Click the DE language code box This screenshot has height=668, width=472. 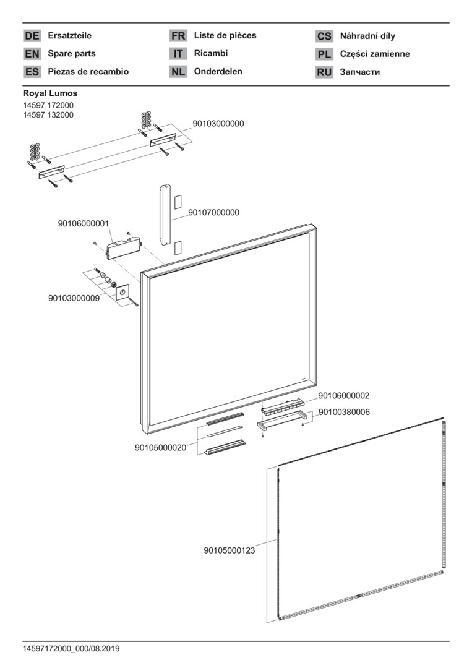(x=32, y=36)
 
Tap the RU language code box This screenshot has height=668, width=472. (x=324, y=72)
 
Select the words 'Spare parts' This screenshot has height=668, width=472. (x=72, y=54)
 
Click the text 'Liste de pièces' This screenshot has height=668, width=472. (x=225, y=35)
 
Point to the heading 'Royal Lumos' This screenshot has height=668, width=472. (x=50, y=93)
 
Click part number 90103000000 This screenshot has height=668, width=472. (x=218, y=124)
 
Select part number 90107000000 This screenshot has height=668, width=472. (x=213, y=213)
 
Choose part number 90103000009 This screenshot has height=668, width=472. (x=74, y=298)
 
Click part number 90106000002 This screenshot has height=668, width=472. (x=344, y=395)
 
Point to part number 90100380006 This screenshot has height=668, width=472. (x=344, y=412)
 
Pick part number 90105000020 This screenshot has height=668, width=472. (x=160, y=448)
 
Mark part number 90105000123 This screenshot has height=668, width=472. (x=230, y=549)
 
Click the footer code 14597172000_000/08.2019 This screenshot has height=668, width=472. (x=71, y=649)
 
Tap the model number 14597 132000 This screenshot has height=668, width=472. (x=48, y=115)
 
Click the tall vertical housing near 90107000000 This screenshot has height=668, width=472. (x=165, y=213)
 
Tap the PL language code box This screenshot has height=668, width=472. (x=324, y=54)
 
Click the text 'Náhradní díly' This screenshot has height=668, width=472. (x=367, y=36)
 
